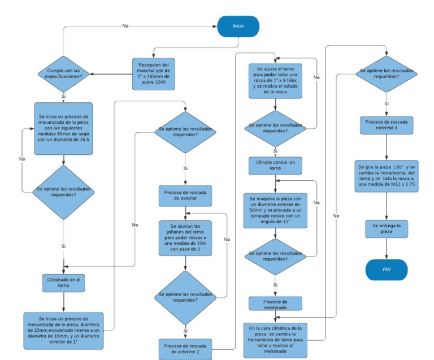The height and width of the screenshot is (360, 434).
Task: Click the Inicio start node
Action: click(x=238, y=27)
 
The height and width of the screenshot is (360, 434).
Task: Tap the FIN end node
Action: click(x=387, y=269)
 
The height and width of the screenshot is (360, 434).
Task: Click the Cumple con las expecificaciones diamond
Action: click(x=63, y=73)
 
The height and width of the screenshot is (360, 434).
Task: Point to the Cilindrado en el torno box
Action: click(x=63, y=282)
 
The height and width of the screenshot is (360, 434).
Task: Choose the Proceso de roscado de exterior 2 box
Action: click(x=186, y=349)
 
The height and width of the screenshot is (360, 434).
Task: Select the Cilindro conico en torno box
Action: click(x=275, y=164)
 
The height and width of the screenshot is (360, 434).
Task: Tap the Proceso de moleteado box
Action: click(x=275, y=303)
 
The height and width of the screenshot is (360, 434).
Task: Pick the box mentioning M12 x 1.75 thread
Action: click(x=387, y=175)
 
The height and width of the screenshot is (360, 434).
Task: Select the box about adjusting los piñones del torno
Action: click(x=186, y=238)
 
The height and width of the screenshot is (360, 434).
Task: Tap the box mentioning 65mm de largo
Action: click(x=63, y=128)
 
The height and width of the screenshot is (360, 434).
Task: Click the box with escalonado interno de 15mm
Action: click(x=63, y=327)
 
